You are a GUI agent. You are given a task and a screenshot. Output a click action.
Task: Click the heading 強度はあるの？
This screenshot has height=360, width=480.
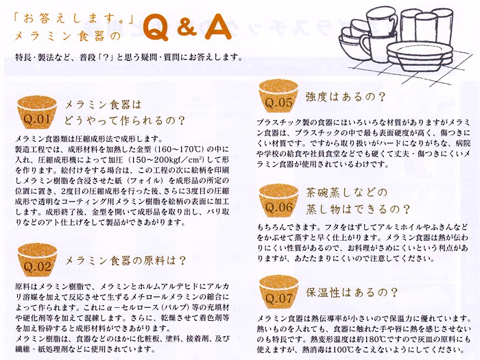point(346,97)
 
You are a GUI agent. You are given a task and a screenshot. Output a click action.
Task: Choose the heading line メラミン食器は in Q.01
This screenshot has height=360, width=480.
point(103,105)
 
